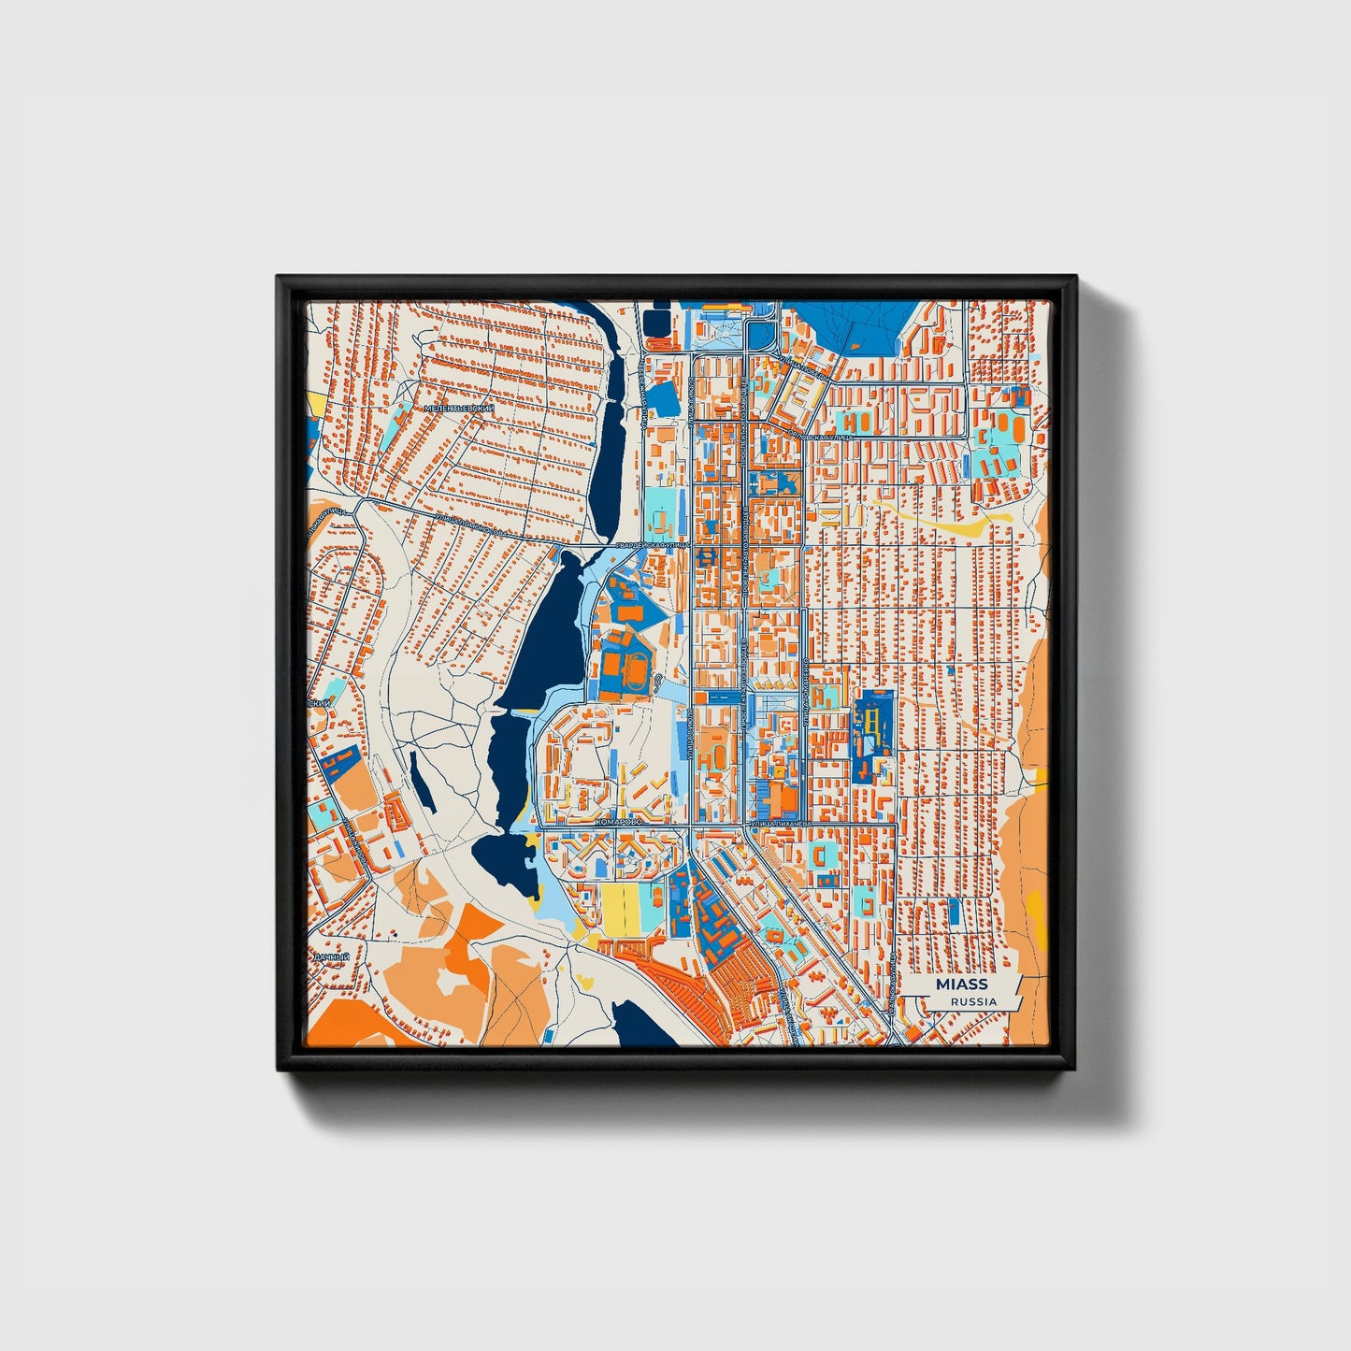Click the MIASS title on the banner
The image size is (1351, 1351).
pyautogui.click(x=961, y=985)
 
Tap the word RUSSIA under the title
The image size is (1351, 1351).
pyautogui.click(x=973, y=1001)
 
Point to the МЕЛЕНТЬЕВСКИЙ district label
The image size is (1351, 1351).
pyautogui.click(x=458, y=409)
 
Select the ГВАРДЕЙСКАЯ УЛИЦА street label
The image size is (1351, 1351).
pyautogui.click(x=652, y=544)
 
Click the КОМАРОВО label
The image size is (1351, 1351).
pyautogui.click(x=618, y=820)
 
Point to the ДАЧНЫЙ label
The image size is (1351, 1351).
pyautogui.click(x=332, y=958)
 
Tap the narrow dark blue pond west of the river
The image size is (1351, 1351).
pyautogui.click(x=423, y=791)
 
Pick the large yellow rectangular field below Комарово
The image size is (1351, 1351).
pyautogui.click(x=620, y=909)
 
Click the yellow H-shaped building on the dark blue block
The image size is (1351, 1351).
pyautogui.click(x=872, y=725)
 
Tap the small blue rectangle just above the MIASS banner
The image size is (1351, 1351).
pyautogui.click(x=955, y=912)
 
